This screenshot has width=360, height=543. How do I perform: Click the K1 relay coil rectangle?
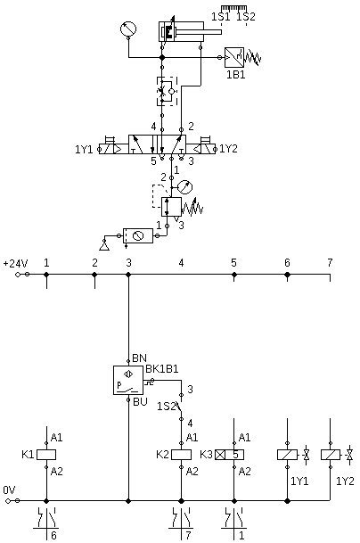click(x=46, y=455)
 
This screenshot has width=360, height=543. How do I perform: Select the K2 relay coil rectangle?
click(x=182, y=455)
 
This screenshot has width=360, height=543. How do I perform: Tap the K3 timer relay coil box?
click(x=229, y=455)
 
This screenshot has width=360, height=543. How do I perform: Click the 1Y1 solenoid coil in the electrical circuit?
click(x=287, y=455)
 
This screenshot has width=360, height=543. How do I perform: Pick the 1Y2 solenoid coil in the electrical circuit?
click(x=331, y=455)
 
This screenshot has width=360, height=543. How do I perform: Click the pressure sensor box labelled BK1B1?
click(x=128, y=380)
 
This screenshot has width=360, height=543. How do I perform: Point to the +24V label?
click(x=15, y=264)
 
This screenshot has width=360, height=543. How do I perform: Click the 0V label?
click(x=9, y=490)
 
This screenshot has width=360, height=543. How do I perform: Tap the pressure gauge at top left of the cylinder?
click(x=128, y=29)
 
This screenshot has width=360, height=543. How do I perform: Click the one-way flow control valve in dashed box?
click(x=167, y=92)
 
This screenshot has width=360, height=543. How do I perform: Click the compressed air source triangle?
click(x=104, y=246)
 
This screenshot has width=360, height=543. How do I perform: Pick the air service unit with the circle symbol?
click(x=138, y=235)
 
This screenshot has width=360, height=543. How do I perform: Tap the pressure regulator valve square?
click(x=171, y=207)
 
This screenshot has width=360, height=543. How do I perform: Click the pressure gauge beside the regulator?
click(x=184, y=187)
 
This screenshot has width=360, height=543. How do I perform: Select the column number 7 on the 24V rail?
click(x=330, y=263)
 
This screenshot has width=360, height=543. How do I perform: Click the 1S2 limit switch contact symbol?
click(x=180, y=407)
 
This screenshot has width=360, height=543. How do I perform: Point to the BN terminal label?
click(x=140, y=358)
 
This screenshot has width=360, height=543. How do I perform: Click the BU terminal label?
click(x=140, y=402)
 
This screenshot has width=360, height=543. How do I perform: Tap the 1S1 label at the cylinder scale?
click(x=221, y=17)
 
